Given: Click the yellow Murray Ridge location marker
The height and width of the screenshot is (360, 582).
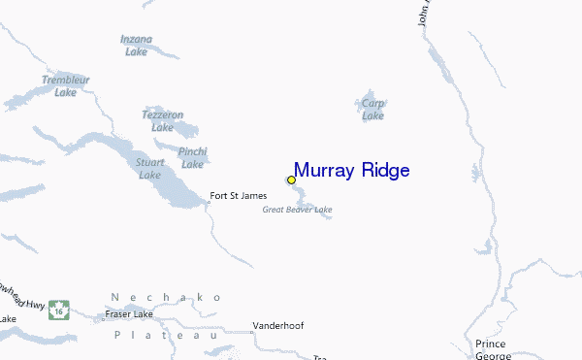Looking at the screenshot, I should coord(291,180).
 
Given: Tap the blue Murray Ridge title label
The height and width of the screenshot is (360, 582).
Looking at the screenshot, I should coord(351,171).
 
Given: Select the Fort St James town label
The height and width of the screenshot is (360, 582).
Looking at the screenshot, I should coord(239,196).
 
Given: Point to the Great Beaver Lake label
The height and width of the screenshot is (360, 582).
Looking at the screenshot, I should coord(298,210).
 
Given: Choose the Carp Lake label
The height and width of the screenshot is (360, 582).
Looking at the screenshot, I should coord(373,109).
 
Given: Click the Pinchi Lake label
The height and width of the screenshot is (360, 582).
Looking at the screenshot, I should coord(193,158).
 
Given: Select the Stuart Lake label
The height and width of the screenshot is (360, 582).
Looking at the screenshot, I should coord(149,169).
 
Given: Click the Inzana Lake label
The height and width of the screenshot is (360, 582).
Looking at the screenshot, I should coord(136,46).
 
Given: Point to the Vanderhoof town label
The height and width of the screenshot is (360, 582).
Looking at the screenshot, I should coord(277,326).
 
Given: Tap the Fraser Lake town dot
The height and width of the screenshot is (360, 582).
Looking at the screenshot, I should coord(105,315).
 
